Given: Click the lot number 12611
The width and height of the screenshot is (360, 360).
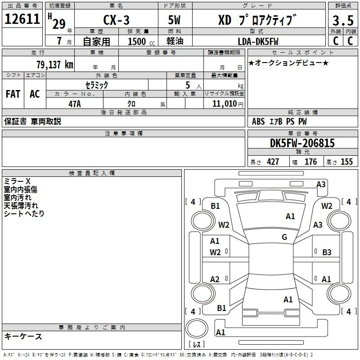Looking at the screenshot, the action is [22, 19].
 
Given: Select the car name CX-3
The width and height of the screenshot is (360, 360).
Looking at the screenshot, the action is [117, 20].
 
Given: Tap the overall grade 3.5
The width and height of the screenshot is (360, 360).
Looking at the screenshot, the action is [343, 21].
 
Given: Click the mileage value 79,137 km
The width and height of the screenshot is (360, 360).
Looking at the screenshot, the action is [55, 65].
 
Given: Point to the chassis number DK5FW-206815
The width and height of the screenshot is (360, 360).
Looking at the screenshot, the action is [302, 143].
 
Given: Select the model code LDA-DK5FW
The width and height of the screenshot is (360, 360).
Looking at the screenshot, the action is [258, 41].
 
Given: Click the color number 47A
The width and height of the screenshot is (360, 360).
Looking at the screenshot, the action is [75, 104].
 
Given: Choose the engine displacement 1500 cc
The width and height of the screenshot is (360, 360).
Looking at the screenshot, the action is [141, 41].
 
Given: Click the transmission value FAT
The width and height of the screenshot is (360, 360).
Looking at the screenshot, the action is [13, 94].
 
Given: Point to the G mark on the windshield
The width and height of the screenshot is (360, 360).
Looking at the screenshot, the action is [284, 237].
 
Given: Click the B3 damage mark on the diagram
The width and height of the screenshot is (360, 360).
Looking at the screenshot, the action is [327, 252].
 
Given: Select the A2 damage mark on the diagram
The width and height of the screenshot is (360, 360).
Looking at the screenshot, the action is [215, 279].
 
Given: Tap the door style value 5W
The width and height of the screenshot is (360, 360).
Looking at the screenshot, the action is [174, 20].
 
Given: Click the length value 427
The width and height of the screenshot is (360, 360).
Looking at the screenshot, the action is [273, 162].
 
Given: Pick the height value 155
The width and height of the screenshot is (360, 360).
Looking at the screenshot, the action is [346, 162].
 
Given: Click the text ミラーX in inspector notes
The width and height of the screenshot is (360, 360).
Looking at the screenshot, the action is [17, 181].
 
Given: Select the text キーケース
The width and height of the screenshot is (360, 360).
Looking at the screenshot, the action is [23, 336].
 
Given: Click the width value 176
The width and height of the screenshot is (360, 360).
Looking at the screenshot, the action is [310, 162].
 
